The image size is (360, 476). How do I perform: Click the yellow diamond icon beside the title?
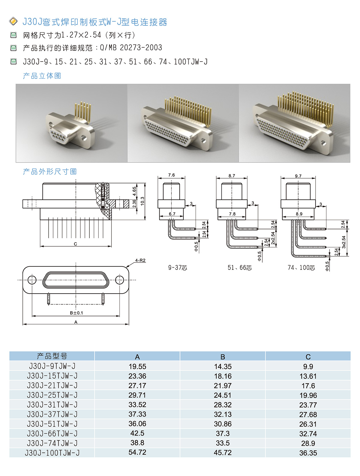pos(13,21)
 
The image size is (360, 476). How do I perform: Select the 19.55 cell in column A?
pos(137,366)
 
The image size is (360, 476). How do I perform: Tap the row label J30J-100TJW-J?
pos(52,453)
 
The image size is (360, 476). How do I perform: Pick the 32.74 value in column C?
pos(308,434)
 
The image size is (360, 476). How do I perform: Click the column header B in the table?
pos(223,357)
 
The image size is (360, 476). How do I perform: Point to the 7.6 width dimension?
pos(171,175)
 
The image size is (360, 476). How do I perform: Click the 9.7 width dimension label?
pos(298,176)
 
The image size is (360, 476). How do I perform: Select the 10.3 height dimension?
pos(142,201)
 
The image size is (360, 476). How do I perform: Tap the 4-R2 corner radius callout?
pos(140,260)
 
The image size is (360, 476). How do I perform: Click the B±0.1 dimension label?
pos(76,313)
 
